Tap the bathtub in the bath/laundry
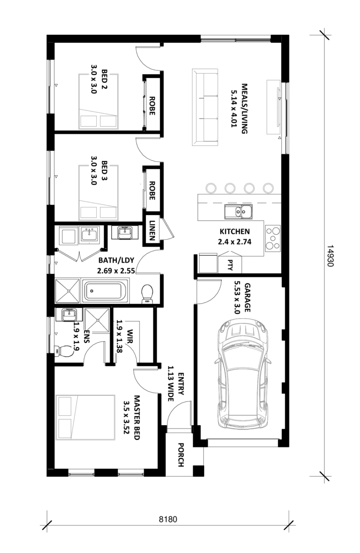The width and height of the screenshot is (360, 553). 105,291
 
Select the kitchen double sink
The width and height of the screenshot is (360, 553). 238,212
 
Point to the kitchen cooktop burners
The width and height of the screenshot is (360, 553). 273,238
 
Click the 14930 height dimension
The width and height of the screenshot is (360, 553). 330,256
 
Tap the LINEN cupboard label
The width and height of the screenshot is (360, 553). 152,230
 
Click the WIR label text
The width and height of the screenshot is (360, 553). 130,336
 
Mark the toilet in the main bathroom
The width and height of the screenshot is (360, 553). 147,294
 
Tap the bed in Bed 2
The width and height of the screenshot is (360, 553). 98,101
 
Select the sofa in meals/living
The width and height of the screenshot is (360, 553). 205,107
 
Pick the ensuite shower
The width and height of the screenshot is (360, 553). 97,320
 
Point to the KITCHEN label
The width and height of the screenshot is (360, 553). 235,232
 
